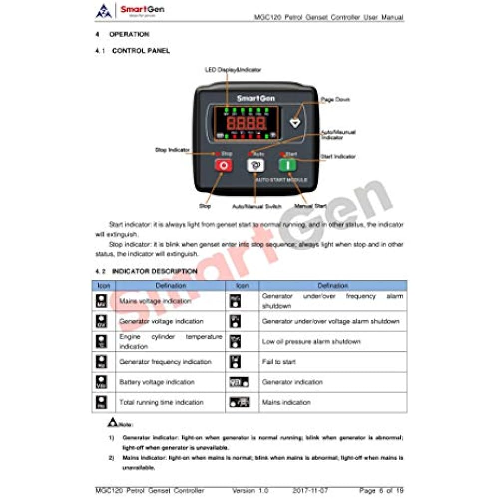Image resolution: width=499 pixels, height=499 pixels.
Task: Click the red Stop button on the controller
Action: pos(223,165)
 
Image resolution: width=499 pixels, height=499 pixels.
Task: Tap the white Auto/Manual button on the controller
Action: pos(255,165)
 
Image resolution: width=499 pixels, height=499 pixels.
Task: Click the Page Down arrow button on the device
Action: pos(295,121)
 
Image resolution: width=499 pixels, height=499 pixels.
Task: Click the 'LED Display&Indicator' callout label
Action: pos(233,70)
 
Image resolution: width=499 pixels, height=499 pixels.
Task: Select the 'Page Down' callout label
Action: pos(335,99)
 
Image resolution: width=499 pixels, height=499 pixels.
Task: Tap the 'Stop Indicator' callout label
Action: pos(172,150)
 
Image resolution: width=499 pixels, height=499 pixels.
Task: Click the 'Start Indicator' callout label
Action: pos(338,156)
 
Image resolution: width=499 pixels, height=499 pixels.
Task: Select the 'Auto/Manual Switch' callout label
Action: pos(256,206)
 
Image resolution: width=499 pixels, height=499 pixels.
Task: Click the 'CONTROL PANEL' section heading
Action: pos(141,51)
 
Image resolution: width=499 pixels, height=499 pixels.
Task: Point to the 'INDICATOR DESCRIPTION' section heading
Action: pos(154,271)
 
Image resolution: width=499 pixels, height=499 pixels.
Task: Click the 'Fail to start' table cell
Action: pos(279,362)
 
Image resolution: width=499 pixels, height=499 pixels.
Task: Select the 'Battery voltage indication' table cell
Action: pos(157,382)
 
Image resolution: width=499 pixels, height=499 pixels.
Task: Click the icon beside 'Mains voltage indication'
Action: pos(102,301)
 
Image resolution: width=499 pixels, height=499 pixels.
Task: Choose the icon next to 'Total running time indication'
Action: pos(102,402)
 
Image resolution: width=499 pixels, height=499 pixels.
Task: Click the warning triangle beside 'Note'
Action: pos(112,422)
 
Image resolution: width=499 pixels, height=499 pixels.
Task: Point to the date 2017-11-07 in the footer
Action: pos(310,491)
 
